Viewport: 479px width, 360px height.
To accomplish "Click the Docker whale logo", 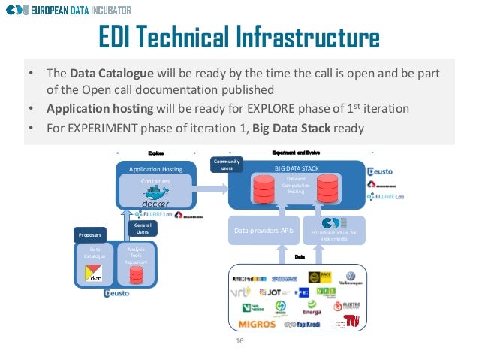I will pyautogui.click(x=155, y=198).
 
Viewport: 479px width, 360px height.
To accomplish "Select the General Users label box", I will pyautogui.click(x=141, y=228).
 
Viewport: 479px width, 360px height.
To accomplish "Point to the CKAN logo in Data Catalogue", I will pyautogui.click(x=95, y=274).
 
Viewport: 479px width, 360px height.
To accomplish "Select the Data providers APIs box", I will pyautogui.click(x=263, y=231).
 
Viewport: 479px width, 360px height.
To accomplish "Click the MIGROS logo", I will pyautogui.click(x=257, y=325).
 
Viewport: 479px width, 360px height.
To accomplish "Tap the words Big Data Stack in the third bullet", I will pyautogui.click(x=294, y=128).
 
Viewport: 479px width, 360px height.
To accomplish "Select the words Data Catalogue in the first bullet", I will pyautogui.click(x=112, y=74).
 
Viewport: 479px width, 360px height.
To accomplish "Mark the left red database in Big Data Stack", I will pyautogui.click(x=263, y=190).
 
